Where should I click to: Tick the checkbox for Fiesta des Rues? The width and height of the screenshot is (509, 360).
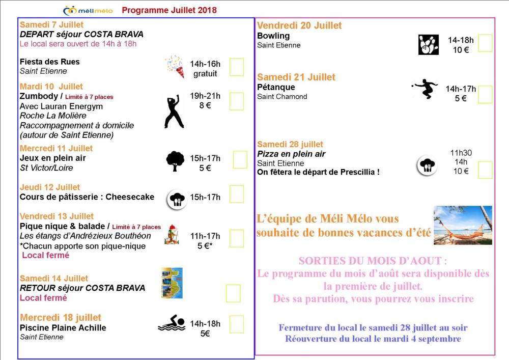237,67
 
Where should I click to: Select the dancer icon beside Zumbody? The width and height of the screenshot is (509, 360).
174,111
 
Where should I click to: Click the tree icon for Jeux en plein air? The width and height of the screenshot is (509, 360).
175,161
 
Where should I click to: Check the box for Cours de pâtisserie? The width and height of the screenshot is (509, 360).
237,194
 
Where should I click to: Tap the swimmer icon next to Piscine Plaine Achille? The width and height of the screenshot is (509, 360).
172,323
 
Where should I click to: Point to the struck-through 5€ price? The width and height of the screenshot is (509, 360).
205,334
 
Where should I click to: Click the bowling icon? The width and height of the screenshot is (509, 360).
428,45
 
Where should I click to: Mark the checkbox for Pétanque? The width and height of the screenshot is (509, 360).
485,94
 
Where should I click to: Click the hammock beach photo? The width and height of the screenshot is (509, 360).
463,225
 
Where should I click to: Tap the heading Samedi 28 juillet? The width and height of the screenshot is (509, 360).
290,144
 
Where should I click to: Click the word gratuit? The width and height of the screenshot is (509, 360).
205,73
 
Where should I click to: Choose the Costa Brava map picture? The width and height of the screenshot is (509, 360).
172,283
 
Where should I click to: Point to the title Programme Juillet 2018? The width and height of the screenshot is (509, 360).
169,10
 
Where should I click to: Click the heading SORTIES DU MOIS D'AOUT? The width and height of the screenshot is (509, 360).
373,261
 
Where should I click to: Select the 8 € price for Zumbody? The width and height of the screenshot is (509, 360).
205,105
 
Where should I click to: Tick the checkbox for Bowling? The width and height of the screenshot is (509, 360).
485,43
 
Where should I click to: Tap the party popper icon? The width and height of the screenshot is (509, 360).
174,66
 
